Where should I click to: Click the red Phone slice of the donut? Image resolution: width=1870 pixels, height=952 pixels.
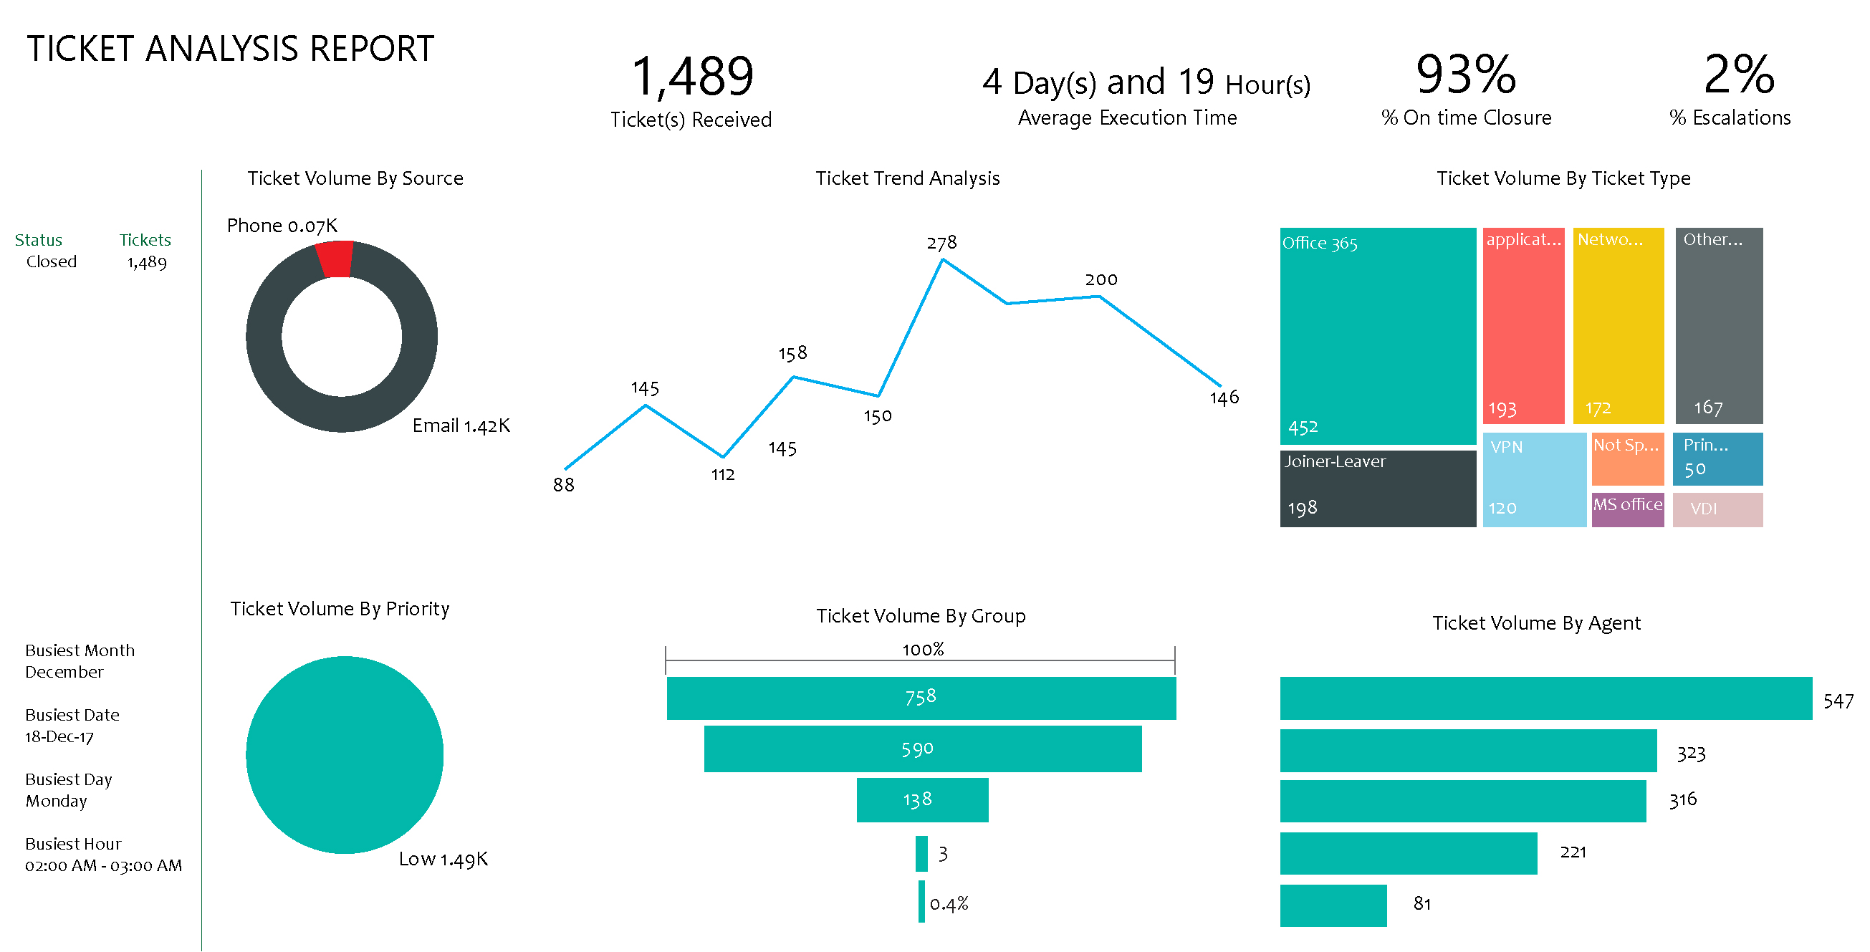(335, 259)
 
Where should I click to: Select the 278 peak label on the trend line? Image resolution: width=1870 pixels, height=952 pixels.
(941, 242)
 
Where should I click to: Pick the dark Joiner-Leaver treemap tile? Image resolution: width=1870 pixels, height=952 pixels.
(1377, 489)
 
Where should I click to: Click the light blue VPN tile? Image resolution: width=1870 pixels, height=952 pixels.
(1534, 480)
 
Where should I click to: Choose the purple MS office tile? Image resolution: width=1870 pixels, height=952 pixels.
(1628, 509)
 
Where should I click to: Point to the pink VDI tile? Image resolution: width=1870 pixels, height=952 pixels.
(1717, 509)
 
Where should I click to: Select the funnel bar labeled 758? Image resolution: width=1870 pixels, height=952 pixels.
(921, 698)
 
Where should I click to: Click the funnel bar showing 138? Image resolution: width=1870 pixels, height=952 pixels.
(922, 799)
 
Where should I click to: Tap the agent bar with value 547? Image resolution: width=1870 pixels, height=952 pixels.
(1546, 698)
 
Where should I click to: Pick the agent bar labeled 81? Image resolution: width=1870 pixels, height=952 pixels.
(1333, 905)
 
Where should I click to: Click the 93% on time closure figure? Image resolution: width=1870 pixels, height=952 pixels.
(1466, 74)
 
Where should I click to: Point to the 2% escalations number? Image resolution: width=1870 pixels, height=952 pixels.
(1739, 74)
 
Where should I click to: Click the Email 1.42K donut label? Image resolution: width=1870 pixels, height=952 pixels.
(461, 426)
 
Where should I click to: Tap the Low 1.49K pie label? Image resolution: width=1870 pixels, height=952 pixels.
(443, 859)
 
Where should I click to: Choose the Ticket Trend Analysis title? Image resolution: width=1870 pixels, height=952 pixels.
(907, 178)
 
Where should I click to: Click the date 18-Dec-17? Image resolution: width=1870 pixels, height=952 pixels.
(59, 737)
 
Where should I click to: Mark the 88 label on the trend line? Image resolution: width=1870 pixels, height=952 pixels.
(563, 485)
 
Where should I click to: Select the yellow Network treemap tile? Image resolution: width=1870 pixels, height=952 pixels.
(1618, 325)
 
